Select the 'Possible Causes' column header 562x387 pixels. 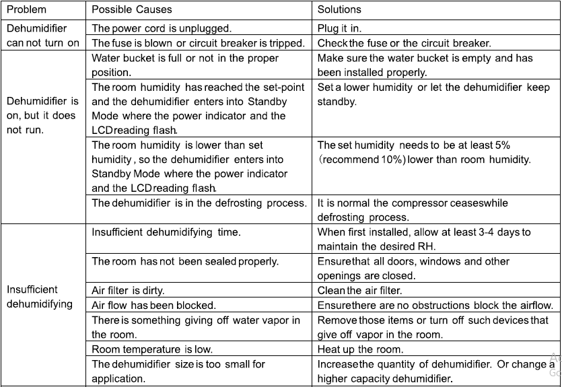tap(131, 9)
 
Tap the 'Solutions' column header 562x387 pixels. tap(339, 9)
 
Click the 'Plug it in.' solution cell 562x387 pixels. tap(339, 28)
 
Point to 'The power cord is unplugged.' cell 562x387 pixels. tap(161, 28)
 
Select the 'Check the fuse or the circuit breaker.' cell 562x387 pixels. tap(404, 43)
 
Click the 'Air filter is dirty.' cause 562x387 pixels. tap(128, 291)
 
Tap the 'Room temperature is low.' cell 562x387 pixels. tap(152, 349)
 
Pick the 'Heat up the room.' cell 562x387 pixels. tap(360, 349)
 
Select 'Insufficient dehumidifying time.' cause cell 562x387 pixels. tap(166, 232)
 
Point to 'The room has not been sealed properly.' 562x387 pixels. tap(185, 261)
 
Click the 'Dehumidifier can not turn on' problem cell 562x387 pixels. tap(43, 36)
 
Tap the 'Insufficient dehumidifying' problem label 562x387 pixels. tap(40, 297)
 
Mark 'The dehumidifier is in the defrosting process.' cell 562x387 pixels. tap(199, 203)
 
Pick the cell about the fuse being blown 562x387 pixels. tap(197, 43)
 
